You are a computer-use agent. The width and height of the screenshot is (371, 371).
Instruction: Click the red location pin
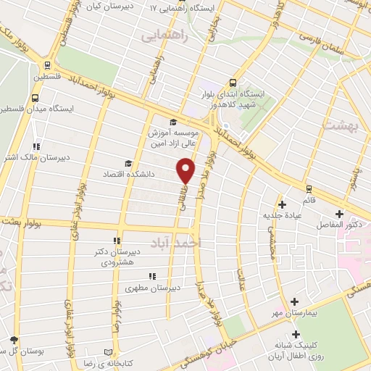click(185, 169)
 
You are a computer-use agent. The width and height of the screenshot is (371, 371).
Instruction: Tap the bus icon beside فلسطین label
click(47, 64)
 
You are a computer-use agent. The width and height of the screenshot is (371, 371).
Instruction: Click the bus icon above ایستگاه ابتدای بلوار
click(233, 83)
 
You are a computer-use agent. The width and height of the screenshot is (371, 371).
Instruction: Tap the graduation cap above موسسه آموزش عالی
click(172, 122)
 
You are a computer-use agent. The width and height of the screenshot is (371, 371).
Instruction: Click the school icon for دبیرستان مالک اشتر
click(36, 146)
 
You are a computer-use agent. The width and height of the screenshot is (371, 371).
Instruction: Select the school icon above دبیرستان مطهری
click(151, 276)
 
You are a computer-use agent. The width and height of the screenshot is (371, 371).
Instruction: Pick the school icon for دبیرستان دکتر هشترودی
click(116, 241)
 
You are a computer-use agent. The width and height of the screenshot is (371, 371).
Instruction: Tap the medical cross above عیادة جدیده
click(283, 205)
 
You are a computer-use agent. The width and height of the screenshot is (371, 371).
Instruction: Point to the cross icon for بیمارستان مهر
click(294, 301)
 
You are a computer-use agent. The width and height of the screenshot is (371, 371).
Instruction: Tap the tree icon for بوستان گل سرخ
click(12, 338)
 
